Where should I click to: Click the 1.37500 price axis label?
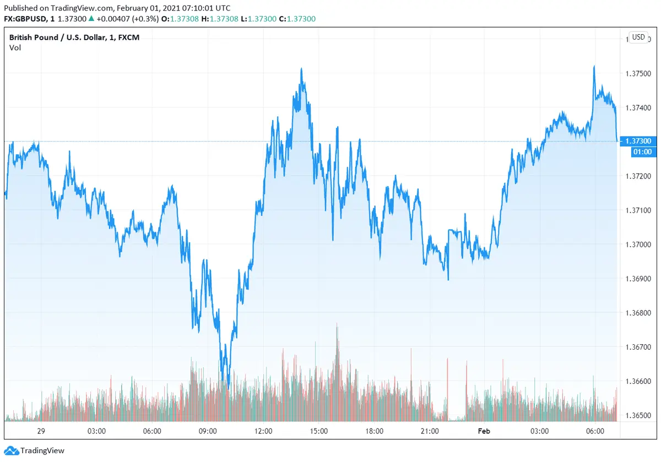pyautogui.click(x=638, y=73)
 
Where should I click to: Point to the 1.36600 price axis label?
pyautogui.click(x=638, y=381)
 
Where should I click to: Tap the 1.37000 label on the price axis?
pyautogui.click(x=638, y=244)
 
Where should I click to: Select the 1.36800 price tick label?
pyautogui.click(x=638, y=313)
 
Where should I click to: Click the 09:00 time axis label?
pyautogui.click(x=208, y=431)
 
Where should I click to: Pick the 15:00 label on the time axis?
pyautogui.click(x=318, y=431)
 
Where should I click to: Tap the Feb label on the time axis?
pyautogui.click(x=484, y=431)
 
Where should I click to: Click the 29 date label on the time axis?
pyautogui.click(x=40, y=431)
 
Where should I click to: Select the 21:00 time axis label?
pyautogui.click(x=429, y=431)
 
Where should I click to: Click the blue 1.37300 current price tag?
pyautogui.click(x=638, y=142)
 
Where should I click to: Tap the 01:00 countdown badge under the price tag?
pyautogui.click(x=638, y=151)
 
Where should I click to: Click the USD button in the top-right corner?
pyautogui.click(x=638, y=37)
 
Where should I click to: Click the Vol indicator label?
pyautogui.click(x=15, y=48)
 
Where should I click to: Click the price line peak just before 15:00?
pyautogui.click(x=301, y=69)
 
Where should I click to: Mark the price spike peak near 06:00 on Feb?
pyautogui.click(x=594, y=66)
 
